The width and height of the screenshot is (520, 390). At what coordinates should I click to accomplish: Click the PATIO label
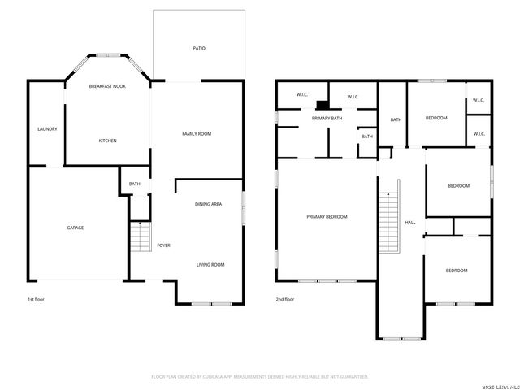(199, 49)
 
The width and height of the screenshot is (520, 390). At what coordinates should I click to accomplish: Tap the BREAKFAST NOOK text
(107, 85)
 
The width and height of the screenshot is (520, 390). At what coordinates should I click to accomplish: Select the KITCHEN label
(107, 141)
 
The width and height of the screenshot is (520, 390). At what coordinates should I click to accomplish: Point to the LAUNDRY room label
(47, 129)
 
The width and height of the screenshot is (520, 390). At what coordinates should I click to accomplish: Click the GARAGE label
(76, 227)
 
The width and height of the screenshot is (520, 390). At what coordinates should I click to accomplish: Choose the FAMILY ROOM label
(197, 133)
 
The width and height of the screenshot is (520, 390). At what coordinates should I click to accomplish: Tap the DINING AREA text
(208, 204)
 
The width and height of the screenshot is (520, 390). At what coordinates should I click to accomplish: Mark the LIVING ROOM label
(210, 264)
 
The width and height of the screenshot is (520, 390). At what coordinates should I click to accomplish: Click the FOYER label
(163, 245)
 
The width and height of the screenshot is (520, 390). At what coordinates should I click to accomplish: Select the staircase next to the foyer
(141, 237)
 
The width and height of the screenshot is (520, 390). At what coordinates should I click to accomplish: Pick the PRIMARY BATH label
(327, 119)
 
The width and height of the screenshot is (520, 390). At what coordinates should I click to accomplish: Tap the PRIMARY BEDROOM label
(327, 216)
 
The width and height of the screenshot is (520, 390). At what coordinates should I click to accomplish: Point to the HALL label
(410, 223)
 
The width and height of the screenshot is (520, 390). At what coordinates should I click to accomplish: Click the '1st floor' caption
(36, 299)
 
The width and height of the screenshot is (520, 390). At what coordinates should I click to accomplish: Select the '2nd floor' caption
(284, 299)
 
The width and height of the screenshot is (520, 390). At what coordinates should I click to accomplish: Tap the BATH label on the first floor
(134, 184)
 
